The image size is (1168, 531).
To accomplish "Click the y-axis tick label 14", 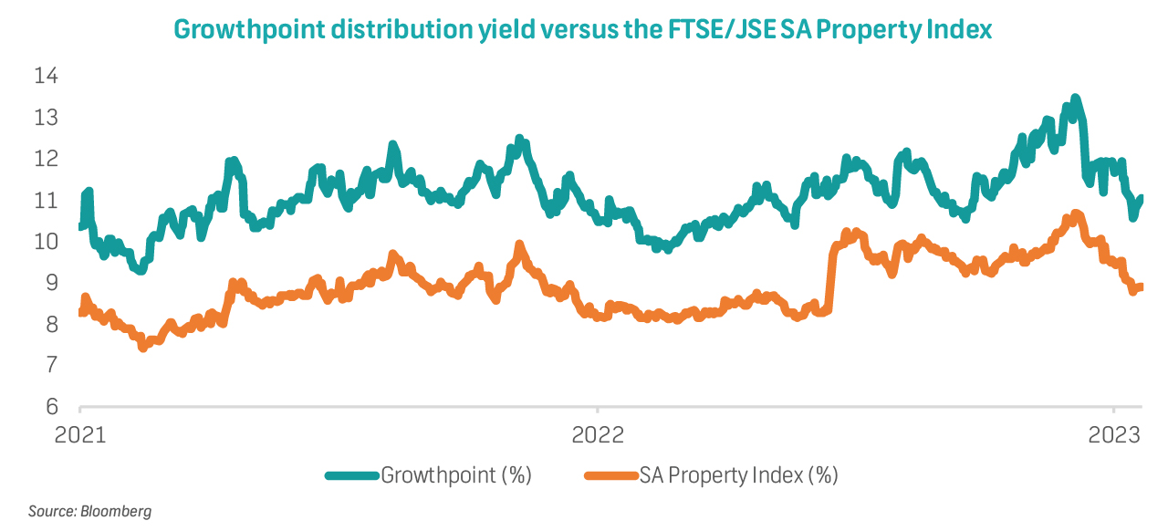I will (46, 76).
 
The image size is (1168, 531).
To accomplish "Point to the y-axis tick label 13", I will (46, 118).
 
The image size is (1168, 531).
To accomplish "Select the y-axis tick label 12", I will (46, 159).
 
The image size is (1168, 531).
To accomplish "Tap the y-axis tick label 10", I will (46, 242).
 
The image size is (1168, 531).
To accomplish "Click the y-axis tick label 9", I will (51, 283).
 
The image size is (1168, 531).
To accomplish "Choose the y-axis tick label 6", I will (51, 407).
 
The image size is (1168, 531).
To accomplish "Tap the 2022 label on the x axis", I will (597, 434).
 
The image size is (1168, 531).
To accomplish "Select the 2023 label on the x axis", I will (1112, 434).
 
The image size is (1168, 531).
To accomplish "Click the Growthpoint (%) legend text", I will (456, 475).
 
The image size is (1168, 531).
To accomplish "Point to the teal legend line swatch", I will (352, 475).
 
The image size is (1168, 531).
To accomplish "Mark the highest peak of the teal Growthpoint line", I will (1075, 98).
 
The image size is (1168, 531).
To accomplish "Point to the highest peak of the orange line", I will (1075, 213).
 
